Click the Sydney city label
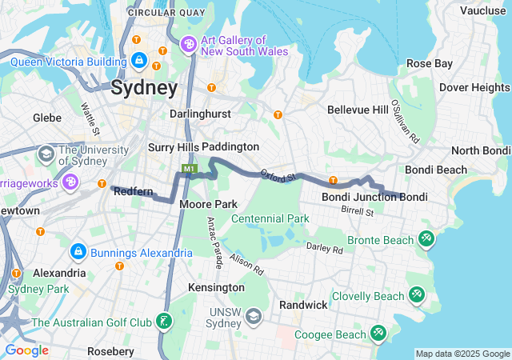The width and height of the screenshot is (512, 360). [144, 87]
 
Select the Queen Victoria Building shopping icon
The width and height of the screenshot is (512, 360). [140, 61]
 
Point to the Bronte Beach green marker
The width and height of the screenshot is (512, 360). [426, 239]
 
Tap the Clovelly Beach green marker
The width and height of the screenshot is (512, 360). [416, 296]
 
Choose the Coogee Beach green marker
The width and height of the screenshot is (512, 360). [378, 332]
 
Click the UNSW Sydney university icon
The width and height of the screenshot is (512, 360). [254, 317]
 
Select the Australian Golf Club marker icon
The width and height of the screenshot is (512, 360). [164, 322]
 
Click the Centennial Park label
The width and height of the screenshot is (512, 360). [270, 218]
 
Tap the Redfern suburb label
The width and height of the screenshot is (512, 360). [133, 192]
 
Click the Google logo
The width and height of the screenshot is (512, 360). [26, 350]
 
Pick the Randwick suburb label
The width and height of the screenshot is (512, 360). [303, 305]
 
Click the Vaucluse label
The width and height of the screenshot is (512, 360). [482, 10]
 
